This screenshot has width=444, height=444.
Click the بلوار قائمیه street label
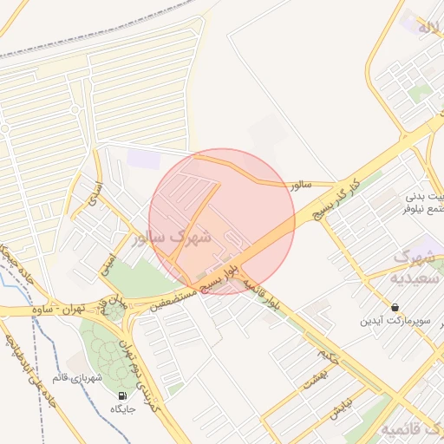[x=262, y=294]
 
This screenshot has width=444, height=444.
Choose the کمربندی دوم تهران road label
[x=145, y=376]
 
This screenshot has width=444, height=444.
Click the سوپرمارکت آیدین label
[x=395, y=321]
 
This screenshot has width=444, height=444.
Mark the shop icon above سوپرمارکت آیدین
[x=395, y=307]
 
